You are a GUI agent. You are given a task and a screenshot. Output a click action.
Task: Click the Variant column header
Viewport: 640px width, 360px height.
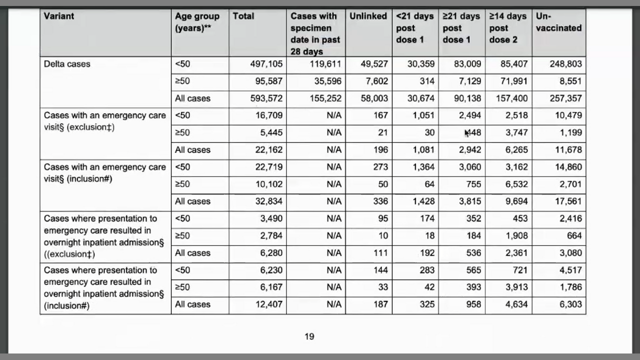tap(59, 16)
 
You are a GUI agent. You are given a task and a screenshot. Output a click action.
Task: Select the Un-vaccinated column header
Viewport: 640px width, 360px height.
tap(558, 22)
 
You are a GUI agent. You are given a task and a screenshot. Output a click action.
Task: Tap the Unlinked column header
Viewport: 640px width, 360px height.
tap(368, 16)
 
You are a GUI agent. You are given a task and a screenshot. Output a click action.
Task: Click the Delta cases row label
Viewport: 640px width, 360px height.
tap(67, 64)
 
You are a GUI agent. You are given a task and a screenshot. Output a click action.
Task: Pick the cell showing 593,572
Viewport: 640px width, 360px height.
tap(266, 98)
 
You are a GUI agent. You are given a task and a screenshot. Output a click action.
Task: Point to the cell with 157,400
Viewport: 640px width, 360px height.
tap(511, 98)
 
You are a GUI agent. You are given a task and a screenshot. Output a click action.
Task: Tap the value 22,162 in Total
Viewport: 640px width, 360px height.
tap(268, 149)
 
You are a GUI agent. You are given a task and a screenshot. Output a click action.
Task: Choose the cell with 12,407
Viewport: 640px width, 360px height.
tap(268, 304)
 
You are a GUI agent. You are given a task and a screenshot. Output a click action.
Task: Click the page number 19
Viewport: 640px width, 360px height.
tap(309, 336)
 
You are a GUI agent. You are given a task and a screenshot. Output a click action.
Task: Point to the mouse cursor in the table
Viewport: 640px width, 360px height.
tap(467, 133)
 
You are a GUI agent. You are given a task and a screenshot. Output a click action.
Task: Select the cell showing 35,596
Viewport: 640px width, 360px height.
tap(325, 81)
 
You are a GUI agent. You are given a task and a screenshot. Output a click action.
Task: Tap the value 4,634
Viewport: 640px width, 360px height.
tap(516, 304)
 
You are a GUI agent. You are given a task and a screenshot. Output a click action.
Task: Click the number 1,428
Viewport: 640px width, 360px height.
tap(423, 201)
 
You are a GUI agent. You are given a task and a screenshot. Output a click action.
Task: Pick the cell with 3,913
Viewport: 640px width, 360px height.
tap(516, 287)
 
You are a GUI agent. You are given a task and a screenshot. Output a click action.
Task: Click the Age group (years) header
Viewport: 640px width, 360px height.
tap(197, 22)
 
